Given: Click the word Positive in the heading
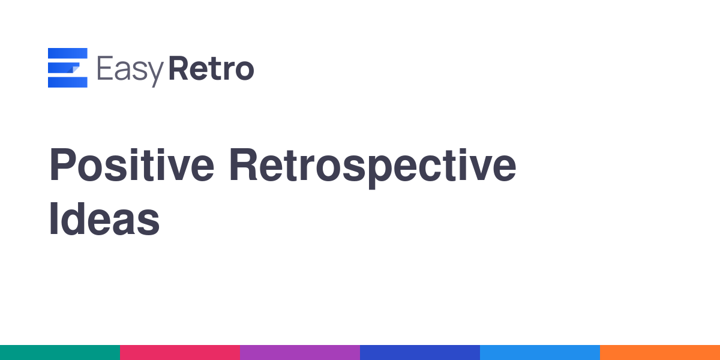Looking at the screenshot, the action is pos(131,164).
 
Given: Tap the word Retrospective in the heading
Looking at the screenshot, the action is pos(373,168).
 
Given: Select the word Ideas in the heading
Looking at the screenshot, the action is pos(104,219).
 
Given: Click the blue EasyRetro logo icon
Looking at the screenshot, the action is pos(67,67).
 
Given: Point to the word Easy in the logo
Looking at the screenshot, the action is pos(130,71).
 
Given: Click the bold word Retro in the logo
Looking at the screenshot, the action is pos(211,68).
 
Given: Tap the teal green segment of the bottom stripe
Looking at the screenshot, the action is pos(60,353).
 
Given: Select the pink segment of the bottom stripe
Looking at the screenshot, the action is pos(180,353).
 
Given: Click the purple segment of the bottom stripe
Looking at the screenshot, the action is pos(300,353).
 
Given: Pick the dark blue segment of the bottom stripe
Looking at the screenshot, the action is pos(420,353).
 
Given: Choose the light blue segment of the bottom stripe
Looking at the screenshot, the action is pos(540,353).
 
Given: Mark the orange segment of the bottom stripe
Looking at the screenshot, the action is pos(660,353).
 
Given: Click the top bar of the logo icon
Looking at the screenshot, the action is pos(67,53).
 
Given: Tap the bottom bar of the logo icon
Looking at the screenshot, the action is pos(67,82).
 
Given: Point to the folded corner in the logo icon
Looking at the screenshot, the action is pos(74,69).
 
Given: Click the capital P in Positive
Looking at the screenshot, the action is pos(62,164).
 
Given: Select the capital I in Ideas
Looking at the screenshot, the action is pos(53,219).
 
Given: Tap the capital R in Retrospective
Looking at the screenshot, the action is pos(243,164).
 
